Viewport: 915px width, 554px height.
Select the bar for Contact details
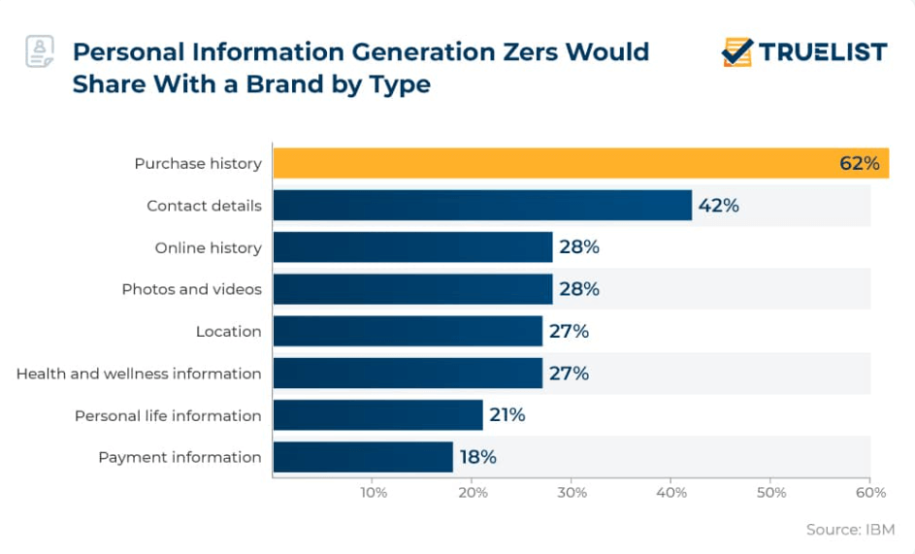click(482, 206)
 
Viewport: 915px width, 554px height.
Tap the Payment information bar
click(363, 457)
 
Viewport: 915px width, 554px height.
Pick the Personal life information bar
click(377, 415)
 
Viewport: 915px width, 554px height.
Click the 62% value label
click(859, 163)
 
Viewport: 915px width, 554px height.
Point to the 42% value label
click(718, 206)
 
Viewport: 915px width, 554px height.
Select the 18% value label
click(476, 457)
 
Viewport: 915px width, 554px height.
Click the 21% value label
click(506, 415)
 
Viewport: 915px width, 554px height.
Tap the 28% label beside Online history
click(579, 247)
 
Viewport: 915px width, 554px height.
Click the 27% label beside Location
click(569, 331)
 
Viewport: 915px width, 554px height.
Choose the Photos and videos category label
click(191, 289)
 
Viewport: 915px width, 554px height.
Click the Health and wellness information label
click(139, 374)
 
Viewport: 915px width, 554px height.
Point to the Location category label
click(228, 331)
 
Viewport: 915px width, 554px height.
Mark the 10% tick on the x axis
click(374, 493)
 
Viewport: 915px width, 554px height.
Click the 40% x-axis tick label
click(672, 493)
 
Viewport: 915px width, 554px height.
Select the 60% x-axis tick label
click(871, 493)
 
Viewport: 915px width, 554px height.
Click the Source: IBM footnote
click(850, 530)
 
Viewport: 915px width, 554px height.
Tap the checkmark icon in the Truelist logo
click(737, 51)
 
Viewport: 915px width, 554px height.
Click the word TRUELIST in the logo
click(823, 52)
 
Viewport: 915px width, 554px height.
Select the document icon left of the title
click(40, 51)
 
